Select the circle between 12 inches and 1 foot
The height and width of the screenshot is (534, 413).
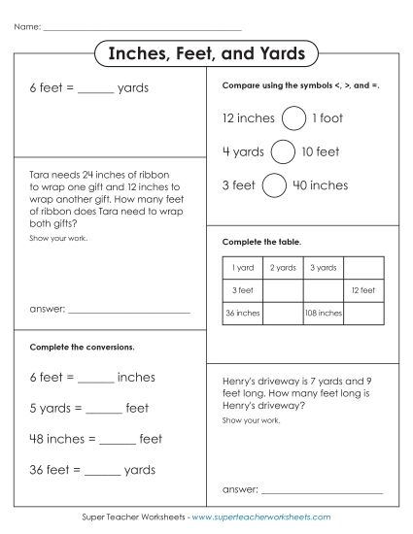(x=292, y=118)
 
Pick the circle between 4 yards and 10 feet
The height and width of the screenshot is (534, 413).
(x=283, y=151)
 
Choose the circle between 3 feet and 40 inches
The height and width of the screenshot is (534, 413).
(x=275, y=184)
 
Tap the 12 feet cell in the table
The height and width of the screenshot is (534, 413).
(x=361, y=290)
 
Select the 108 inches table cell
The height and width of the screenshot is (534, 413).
(x=323, y=313)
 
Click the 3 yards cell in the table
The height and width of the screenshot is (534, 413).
(x=323, y=267)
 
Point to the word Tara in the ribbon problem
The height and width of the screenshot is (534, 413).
(x=41, y=176)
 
